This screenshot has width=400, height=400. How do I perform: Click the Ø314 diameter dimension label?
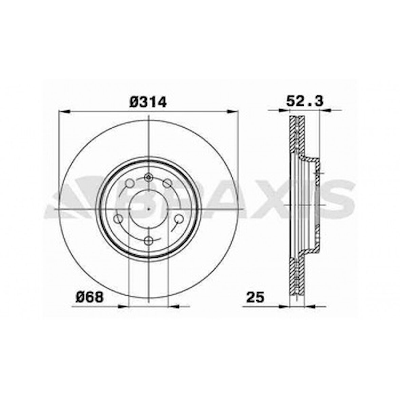tap(148, 102)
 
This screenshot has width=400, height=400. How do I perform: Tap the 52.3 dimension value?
tap(305, 101)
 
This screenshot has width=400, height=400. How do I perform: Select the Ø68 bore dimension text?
tap(90, 297)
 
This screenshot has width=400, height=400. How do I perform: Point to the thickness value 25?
tap(255, 297)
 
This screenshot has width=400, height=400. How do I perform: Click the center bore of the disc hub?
tap(149, 209)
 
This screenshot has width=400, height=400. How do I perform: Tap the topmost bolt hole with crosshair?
tap(148, 177)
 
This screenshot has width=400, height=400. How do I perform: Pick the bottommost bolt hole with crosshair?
tap(148, 241)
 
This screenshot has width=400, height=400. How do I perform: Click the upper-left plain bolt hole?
tap(130, 183)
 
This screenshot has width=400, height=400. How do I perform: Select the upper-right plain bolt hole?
tap(167, 183)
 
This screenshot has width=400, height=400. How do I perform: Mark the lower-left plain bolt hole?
tap(119, 219)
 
